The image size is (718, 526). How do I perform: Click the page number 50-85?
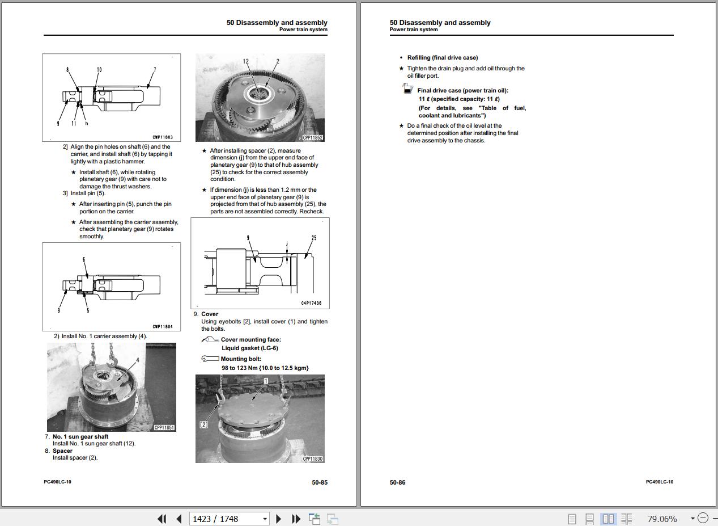pyautogui.click(x=319, y=482)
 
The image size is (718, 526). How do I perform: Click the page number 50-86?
pyautogui.click(x=397, y=482)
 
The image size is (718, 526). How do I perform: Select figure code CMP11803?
pyautogui.click(x=163, y=137)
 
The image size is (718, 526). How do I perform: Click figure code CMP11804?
pyautogui.click(x=163, y=327)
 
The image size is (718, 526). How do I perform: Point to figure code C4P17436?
pyautogui.click(x=311, y=304)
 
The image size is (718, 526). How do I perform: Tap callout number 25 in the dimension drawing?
pyautogui.click(x=313, y=238)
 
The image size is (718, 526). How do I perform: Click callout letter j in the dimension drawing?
pyautogui.click(x=287, y=244)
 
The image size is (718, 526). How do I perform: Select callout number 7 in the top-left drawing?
pyautogui.click(x=155, y=70)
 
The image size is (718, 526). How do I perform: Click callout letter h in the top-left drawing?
pyautogui.click(x=86, y=123)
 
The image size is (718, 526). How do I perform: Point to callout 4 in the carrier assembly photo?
pyautogui.click(x=137, y=360)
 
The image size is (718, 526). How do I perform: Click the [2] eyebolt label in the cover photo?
pyautogui.click(x=204, y=424)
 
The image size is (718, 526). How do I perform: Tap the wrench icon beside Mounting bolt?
pyautogui.click(x=210, y=359)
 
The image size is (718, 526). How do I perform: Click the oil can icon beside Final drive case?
pyautogui.click(x=407, y=89)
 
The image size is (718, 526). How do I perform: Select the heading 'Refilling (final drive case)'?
pyautogui.click(x=442, y=57)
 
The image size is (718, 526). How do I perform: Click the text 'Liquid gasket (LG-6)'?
pyautogui.click(x=249, y=348)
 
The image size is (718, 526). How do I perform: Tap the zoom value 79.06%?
pyautogui.click(x=662, y=519)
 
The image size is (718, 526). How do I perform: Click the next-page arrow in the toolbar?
pyautogui.click(x=278, y=519)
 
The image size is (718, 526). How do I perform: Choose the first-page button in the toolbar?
pyautogui.click(x=162, y=519)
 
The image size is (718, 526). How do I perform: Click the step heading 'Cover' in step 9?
pyautogui.click(x=210, y=314)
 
